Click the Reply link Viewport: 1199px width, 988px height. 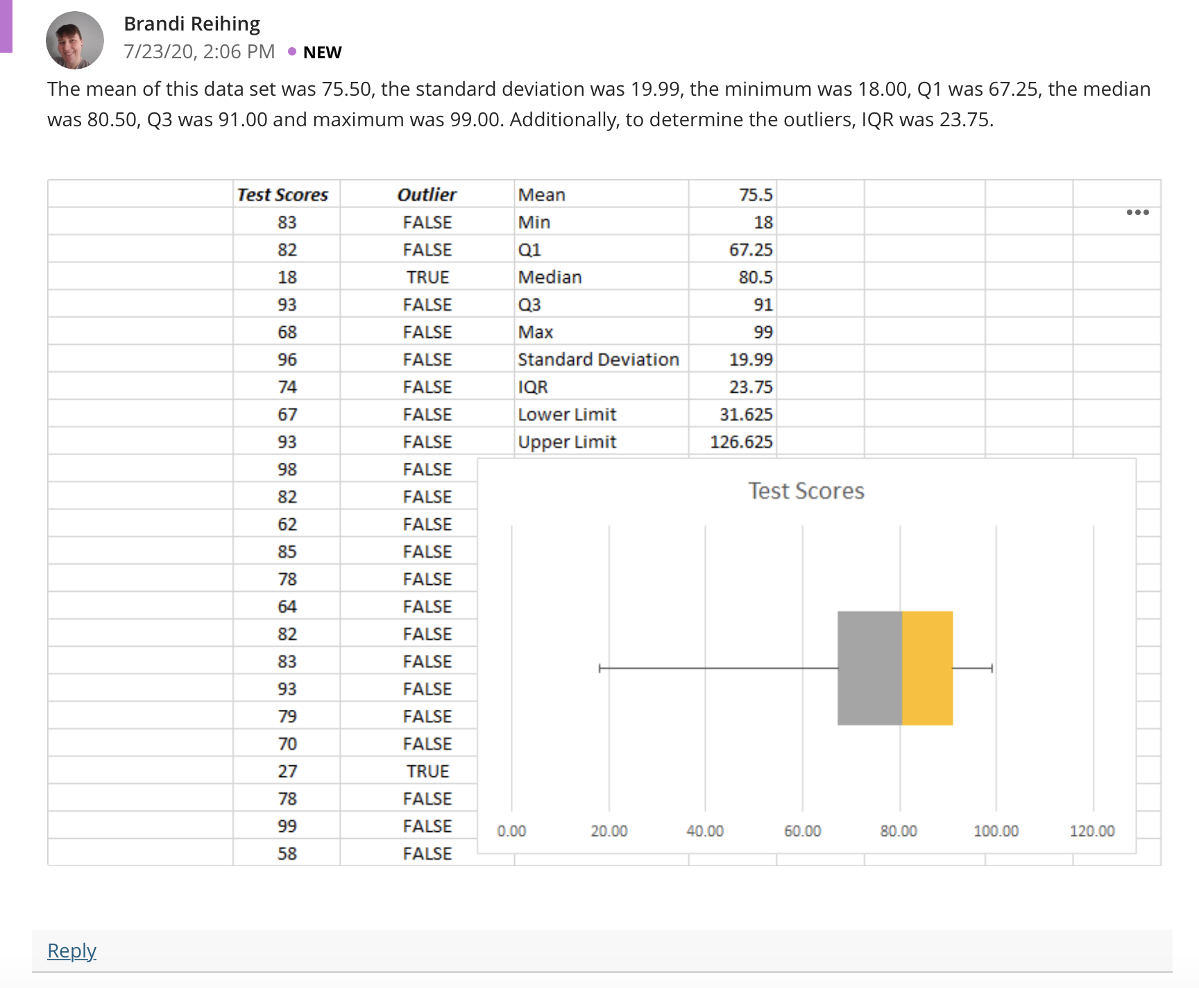(71, 951)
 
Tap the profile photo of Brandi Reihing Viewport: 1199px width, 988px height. (75, 40)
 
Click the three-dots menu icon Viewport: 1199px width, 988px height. (1138, 212)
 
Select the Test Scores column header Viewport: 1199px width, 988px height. (282, 195)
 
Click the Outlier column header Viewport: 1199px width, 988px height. (427, 195)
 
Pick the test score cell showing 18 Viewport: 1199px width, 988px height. (287, 278)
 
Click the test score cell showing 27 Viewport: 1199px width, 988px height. (287, 772)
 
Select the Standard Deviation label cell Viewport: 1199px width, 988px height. (598, 359)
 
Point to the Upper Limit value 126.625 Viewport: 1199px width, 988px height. (741, 442)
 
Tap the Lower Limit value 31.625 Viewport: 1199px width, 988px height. (746, 414)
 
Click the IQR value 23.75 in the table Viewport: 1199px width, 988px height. (751, 387)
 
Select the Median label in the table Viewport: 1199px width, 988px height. (550, 278)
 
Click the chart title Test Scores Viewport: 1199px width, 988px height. (806, 491)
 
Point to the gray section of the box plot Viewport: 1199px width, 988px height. (870, 668)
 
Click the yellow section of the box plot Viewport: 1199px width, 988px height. (928, 668)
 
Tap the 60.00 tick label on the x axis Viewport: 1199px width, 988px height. (803, 831)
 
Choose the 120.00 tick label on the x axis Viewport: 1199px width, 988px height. (1093, 831)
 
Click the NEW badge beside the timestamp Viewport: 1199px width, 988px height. (323, 53)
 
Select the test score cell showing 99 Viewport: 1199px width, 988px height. (287, 826)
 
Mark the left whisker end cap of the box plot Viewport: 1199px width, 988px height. (599, 668)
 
